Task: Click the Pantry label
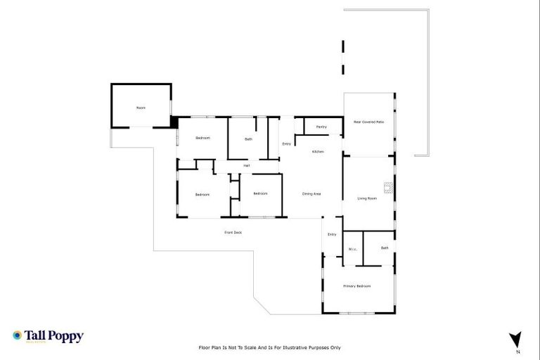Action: [321, 127]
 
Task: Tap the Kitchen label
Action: [318, 152]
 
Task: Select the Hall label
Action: [247, 165]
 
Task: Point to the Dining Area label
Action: [311, 193]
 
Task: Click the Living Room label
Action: [367, 198]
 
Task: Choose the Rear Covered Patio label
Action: [368, 122]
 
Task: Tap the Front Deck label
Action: [233, 232]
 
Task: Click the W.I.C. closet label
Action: [352, 250]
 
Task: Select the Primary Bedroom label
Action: [356, 286]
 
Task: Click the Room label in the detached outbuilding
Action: [141, 108]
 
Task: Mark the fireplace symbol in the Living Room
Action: [387, 187]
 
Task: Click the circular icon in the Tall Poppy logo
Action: [17, 336]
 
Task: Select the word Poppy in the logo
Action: [66, 336]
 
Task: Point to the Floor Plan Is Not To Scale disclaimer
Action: [270, 347]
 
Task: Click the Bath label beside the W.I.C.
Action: [385, 247]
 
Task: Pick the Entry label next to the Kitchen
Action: [286, 143]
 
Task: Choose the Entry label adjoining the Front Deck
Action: [332, 234]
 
